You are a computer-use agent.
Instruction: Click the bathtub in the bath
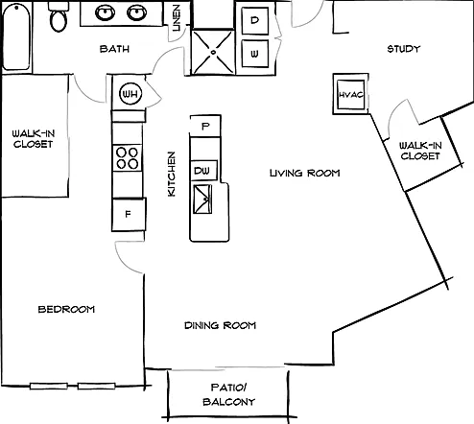point(16,36)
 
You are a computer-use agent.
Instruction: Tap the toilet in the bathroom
point(59,16)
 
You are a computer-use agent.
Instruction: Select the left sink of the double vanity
point(106,12)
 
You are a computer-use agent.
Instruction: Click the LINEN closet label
point(177,18)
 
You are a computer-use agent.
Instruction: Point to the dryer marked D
point(255,20)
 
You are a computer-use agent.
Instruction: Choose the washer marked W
point(255,54)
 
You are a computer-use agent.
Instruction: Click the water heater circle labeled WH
point(130,94)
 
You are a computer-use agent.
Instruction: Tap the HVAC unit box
point(351,94)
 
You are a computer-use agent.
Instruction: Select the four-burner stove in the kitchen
point(127,157)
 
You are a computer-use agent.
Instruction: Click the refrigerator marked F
point(129,214)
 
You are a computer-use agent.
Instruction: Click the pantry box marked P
point(205,126)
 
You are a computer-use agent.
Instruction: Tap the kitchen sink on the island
point(202,200)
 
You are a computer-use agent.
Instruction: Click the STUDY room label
point(404,49)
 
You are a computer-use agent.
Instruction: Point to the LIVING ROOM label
point(304,173)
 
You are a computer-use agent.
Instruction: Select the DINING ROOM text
point(220,325)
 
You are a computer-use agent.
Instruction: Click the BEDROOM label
point(66,309)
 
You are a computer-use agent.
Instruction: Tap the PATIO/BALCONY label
point(229,394)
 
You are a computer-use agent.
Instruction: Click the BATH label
point(114,49)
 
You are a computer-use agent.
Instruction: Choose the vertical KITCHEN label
point(172,174)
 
